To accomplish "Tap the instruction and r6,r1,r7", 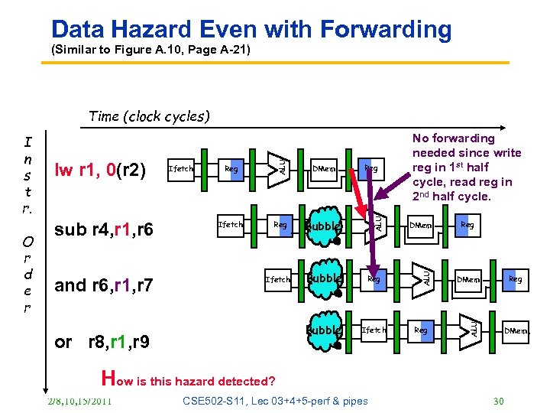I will pos(104,286).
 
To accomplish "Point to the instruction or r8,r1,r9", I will pos(103,342).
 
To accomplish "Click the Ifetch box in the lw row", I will pos(181,169).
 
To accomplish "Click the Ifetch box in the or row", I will pos(374,330).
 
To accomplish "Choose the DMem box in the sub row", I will pos(419,226).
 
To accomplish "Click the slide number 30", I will pos(499,402).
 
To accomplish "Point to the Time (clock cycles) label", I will pos(149,116).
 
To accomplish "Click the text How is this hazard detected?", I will pos(188,379).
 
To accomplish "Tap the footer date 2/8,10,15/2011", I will pos(79,402).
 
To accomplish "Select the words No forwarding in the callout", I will pos(454,138).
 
